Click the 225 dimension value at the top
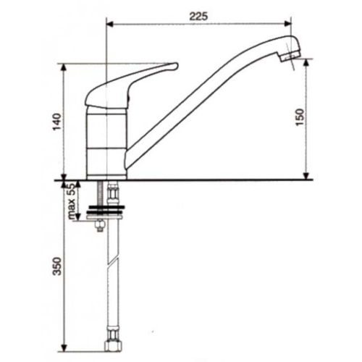[x=198, y=16]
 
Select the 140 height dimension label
[x=58, y=122]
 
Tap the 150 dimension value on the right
[x=300, y=117]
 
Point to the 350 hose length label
[x=58, y=266]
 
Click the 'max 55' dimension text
[x=72, y=201]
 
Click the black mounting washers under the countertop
[x=106, y=209]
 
